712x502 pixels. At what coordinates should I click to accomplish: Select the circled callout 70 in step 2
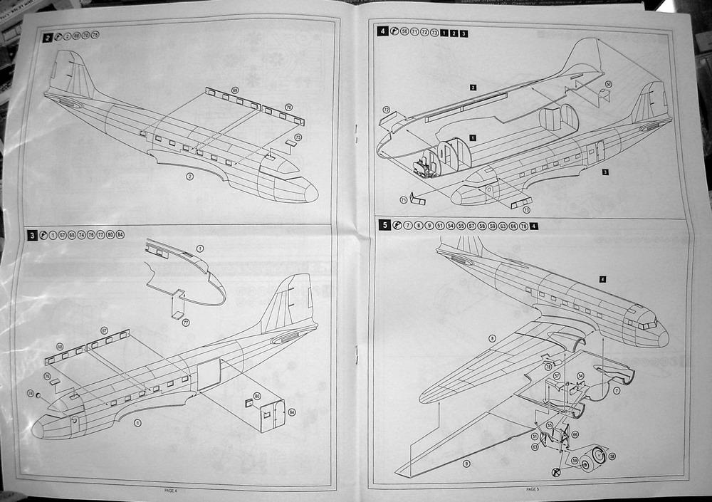click(288, 108)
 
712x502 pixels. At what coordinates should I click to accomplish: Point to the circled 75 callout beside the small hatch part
click(298, 136)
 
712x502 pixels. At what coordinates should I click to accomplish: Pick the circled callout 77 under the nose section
click(186, 323)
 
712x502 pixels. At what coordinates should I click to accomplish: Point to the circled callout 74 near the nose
click(31, 393)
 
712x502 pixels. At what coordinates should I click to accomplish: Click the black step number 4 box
click(384, 32)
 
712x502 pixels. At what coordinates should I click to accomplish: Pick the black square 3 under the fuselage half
click(604, 172)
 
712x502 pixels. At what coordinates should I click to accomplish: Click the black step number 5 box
click(384, 226)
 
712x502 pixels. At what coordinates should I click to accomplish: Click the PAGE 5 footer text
click(533, 490)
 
